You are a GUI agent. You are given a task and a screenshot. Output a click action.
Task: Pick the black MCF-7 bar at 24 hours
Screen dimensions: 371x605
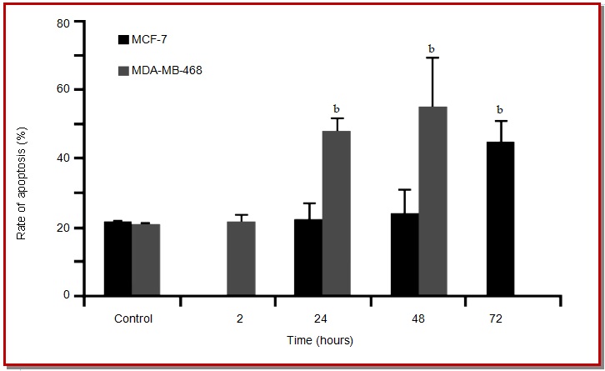307,258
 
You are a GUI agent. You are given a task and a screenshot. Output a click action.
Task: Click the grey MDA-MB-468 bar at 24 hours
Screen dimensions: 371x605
336,213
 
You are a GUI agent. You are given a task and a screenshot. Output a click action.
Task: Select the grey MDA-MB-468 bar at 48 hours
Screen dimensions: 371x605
432,201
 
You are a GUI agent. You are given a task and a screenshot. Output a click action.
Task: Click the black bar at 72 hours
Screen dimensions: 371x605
500,218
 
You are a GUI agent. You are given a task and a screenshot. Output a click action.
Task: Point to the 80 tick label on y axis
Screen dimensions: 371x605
62,23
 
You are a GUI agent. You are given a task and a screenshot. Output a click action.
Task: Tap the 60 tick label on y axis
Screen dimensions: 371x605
62,90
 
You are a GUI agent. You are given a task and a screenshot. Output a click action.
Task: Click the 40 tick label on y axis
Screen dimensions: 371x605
62,158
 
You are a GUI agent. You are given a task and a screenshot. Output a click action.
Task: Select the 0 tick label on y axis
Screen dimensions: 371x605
65,295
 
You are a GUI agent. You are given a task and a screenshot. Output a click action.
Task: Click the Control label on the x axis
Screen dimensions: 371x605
132,318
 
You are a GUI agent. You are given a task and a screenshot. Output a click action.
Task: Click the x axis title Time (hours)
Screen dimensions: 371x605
319,340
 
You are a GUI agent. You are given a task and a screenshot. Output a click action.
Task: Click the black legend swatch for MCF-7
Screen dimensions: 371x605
123,39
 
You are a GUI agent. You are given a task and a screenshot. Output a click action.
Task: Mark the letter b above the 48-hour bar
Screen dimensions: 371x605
432,49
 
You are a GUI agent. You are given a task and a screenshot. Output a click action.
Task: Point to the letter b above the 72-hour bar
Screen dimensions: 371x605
500,109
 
